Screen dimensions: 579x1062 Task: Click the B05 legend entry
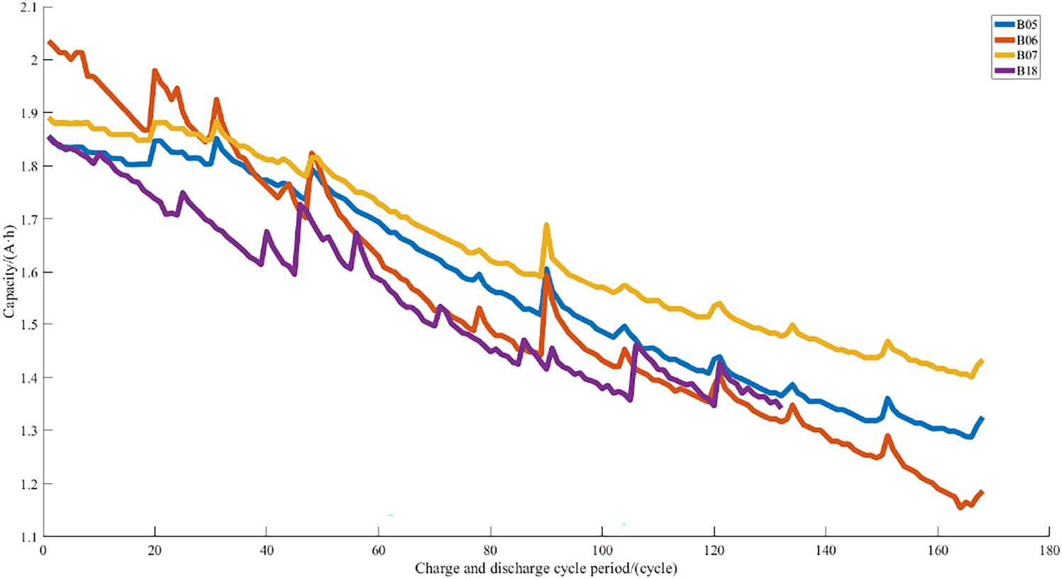click(1016, 25)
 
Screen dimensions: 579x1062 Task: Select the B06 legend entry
click(1016, 40)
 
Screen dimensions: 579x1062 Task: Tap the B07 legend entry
click(1016, 55)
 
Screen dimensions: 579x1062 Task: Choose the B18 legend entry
click(1016, 71)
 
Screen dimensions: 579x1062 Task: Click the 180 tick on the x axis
click(1049, 551)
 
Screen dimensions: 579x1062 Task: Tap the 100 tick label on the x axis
click(602, 551)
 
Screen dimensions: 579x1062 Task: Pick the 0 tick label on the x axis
click(43, 551)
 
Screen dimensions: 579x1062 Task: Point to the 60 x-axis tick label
click(378, 551)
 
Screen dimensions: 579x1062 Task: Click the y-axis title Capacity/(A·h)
click(9, 272)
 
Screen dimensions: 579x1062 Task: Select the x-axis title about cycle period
click(546, 568)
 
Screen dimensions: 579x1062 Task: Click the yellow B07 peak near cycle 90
click(546, 226)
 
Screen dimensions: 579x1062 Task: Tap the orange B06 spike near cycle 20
click(155, 71)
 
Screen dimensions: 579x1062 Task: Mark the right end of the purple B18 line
click(780, 407)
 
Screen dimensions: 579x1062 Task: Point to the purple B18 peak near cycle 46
click(300, 205)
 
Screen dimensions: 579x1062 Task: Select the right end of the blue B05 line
click(983, 419)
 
